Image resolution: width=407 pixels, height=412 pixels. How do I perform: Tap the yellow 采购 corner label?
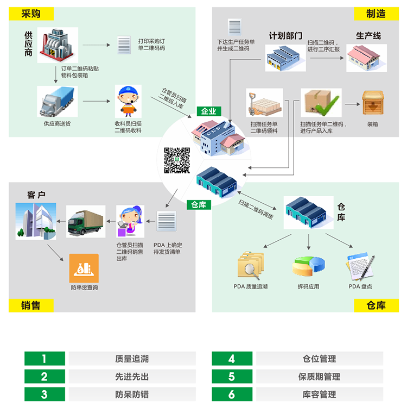pos(31,14)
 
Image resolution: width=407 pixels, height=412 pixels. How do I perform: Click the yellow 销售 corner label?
pos(31,305)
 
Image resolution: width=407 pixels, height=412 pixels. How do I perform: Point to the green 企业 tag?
pos(209,111)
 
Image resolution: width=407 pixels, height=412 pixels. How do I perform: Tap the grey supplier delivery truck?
pos(57,101)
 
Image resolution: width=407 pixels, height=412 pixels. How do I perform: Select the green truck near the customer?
pos(86,221)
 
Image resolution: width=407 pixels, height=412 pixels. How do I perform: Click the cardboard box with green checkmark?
pos(321,103)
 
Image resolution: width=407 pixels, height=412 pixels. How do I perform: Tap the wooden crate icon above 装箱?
pos(373,102)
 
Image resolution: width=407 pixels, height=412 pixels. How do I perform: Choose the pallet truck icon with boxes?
pos(264,103)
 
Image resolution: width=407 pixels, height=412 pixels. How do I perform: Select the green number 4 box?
pos(232,359)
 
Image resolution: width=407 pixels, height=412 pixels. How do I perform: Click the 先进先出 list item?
pos(132,377)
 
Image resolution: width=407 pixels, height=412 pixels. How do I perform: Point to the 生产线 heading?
pos(368,36)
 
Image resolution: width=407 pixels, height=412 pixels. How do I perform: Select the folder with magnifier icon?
pos(250,266)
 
